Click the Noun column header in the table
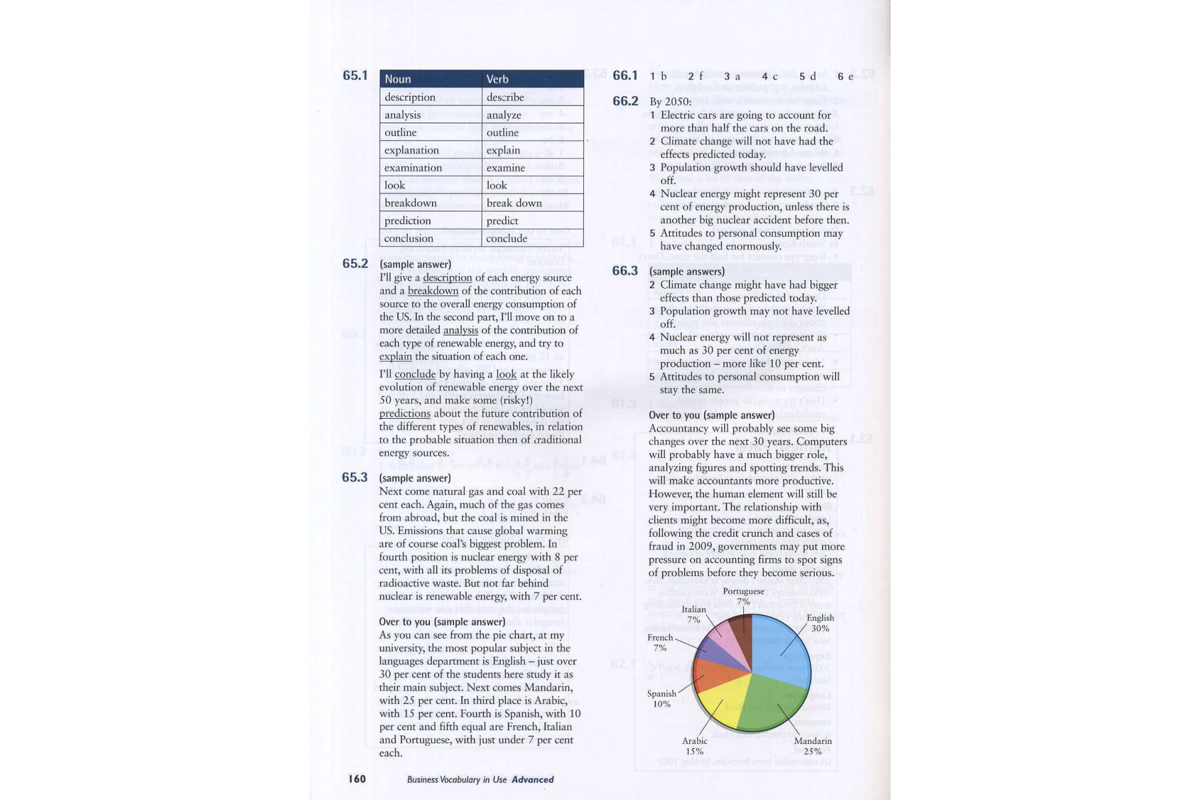point(398,79)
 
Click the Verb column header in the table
point(497,79)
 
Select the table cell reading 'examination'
point(413,168)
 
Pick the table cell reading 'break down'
point(514,203)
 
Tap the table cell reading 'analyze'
point(504,115)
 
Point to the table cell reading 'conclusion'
point(409,239)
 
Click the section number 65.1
point(355,76)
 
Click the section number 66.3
point(625,271)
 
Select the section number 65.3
point(355,477)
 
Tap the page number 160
point(357,779)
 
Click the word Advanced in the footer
point(533,779)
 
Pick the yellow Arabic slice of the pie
point(720,700)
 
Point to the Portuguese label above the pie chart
point(743,591)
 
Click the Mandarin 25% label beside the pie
point(813,746)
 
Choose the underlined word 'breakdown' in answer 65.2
point(433,291)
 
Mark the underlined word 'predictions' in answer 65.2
point(405,413)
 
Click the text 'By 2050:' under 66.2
point(670,102)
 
